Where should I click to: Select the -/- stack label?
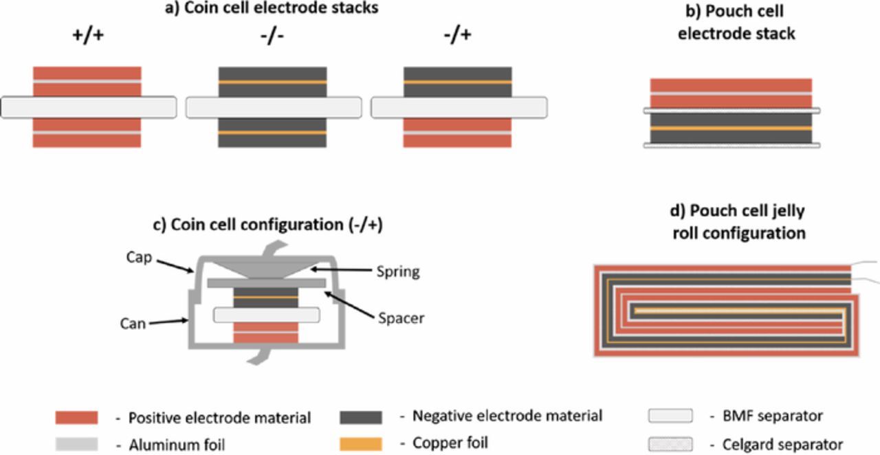click(272, 35)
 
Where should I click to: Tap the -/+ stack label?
click(458, 35)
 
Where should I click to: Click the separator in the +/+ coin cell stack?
click(88, 107)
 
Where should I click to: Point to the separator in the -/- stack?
click(274, 107)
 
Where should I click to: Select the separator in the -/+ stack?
click(459, 107)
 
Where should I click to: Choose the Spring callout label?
click(397, 272)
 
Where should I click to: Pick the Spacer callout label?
click(400, 318)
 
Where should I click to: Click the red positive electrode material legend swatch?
click(76, 417)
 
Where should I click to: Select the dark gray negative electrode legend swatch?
click(361, 417)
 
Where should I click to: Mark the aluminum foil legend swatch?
click(76, 445)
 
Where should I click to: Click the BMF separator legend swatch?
click(670, 417)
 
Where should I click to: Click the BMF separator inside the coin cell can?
click(266, 315)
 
